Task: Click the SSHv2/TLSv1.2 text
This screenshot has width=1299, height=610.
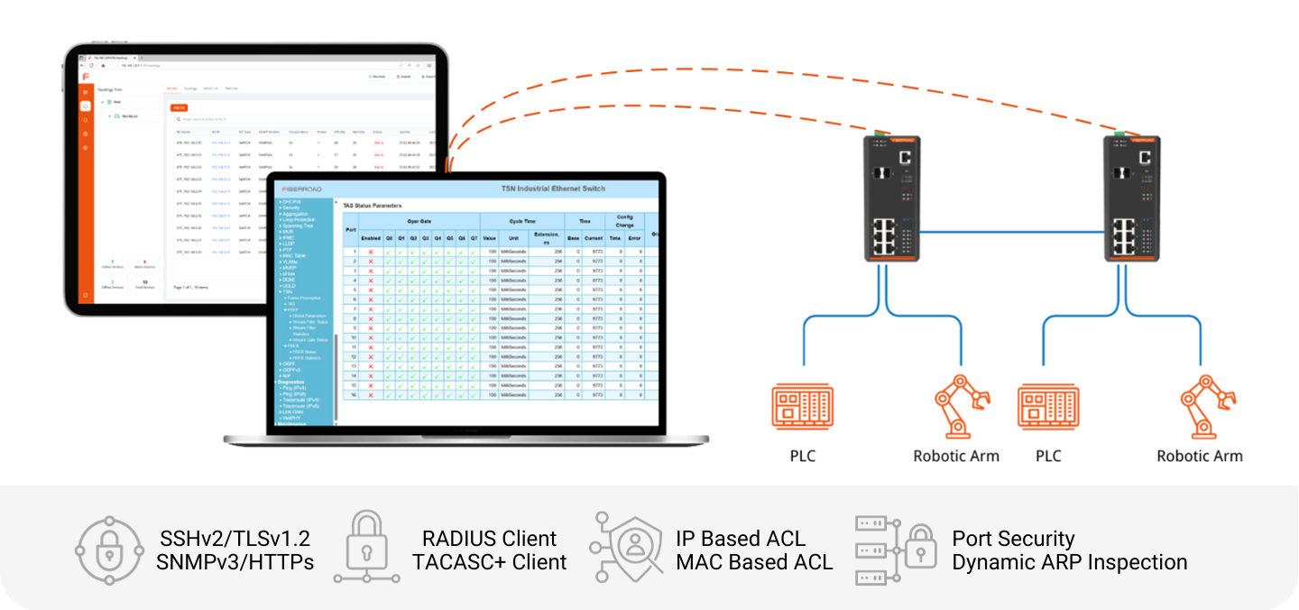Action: (x=234, y=539)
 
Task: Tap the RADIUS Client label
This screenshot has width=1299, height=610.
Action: (x=490, y=539)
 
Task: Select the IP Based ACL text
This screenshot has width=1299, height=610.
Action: (x=741, y=539)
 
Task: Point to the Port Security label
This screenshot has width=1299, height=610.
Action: (x=1013, y=539)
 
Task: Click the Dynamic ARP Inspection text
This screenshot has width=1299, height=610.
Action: (x=1070, y=562)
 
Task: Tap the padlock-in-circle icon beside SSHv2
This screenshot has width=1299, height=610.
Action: (x=109, y=550)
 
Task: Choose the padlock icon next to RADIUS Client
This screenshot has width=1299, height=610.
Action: (x=366, y=547)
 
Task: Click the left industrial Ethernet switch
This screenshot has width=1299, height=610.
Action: (x=891, y=198)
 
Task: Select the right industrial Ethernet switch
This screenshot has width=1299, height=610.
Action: (x=1135, y=198)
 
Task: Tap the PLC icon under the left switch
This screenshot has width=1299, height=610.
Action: (x=802, y=406)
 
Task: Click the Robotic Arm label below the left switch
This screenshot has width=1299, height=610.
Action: (x=956, y=456)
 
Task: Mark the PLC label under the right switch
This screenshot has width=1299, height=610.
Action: (x=1048, y=456)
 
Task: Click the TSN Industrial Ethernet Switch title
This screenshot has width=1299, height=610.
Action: (x=553, y=189)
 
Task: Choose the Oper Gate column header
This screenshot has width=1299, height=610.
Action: (x=419, y=221)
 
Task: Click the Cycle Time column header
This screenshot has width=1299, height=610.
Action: (x=522, y=221)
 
